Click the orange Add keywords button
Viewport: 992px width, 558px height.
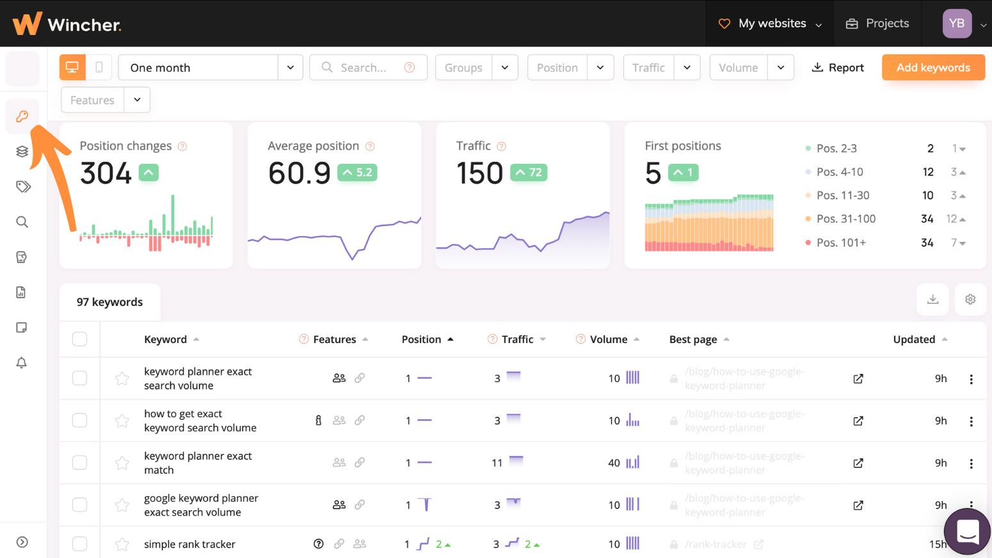(x=932, y=67)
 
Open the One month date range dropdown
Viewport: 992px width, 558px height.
(x=210, y=67)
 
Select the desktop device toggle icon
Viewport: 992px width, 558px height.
(x=72, y=67)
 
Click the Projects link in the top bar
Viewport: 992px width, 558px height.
(x=877, y=24)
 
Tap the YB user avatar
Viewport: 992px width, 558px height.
(x=957, y=24)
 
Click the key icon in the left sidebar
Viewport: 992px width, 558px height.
(x=22, y=116)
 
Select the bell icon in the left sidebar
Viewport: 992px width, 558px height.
(x=22, y=363)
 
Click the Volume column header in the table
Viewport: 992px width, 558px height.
(x=608, y=339)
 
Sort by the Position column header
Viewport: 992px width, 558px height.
(x=421, y=339)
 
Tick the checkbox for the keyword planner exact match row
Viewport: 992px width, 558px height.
(x=79, y=463)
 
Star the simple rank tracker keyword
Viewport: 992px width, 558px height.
(x=122, y=545)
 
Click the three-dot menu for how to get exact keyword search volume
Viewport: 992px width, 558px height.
(x=971, y=421)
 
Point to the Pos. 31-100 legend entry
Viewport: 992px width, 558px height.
(x=845, y=219)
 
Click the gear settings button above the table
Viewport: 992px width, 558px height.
(x=970, y=299)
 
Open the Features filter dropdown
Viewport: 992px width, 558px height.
(x=106, y=100)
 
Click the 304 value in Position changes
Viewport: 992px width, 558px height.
(x=106, y=173)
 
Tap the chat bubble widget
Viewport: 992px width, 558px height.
(x=967, y=530)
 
